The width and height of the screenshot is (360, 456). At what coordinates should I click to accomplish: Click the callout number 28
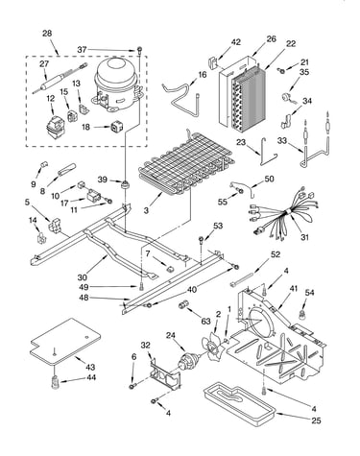[47, 34]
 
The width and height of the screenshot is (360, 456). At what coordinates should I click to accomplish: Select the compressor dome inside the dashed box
[117, 84]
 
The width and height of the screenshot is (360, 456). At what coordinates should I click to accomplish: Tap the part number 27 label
[44, 63]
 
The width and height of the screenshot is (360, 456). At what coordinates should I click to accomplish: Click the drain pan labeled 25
[240, 405]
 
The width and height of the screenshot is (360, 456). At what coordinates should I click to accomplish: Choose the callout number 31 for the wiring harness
[304, 237]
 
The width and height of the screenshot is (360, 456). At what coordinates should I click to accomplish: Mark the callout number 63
[205, 321]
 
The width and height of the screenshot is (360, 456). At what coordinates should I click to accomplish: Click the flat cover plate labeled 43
[65, 342]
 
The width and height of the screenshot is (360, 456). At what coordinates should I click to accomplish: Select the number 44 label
[91, 377]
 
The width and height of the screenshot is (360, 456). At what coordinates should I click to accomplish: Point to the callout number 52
[276, 254]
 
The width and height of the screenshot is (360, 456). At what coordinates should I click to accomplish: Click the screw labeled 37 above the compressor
[140, 49]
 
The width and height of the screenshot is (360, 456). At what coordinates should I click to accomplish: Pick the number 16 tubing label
[203, 75]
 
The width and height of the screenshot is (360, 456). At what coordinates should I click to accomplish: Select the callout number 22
[291, 43]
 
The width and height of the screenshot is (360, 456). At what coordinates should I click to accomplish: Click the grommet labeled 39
[124, 184]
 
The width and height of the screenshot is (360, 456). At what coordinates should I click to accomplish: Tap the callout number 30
[83, 276]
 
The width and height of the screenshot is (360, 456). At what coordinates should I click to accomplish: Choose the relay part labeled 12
[55, 127]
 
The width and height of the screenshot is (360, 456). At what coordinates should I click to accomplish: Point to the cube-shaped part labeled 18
[116, 127]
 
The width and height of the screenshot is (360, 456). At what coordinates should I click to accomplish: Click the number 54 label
[309, 293]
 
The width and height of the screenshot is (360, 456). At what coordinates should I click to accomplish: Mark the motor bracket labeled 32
[165, 373]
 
